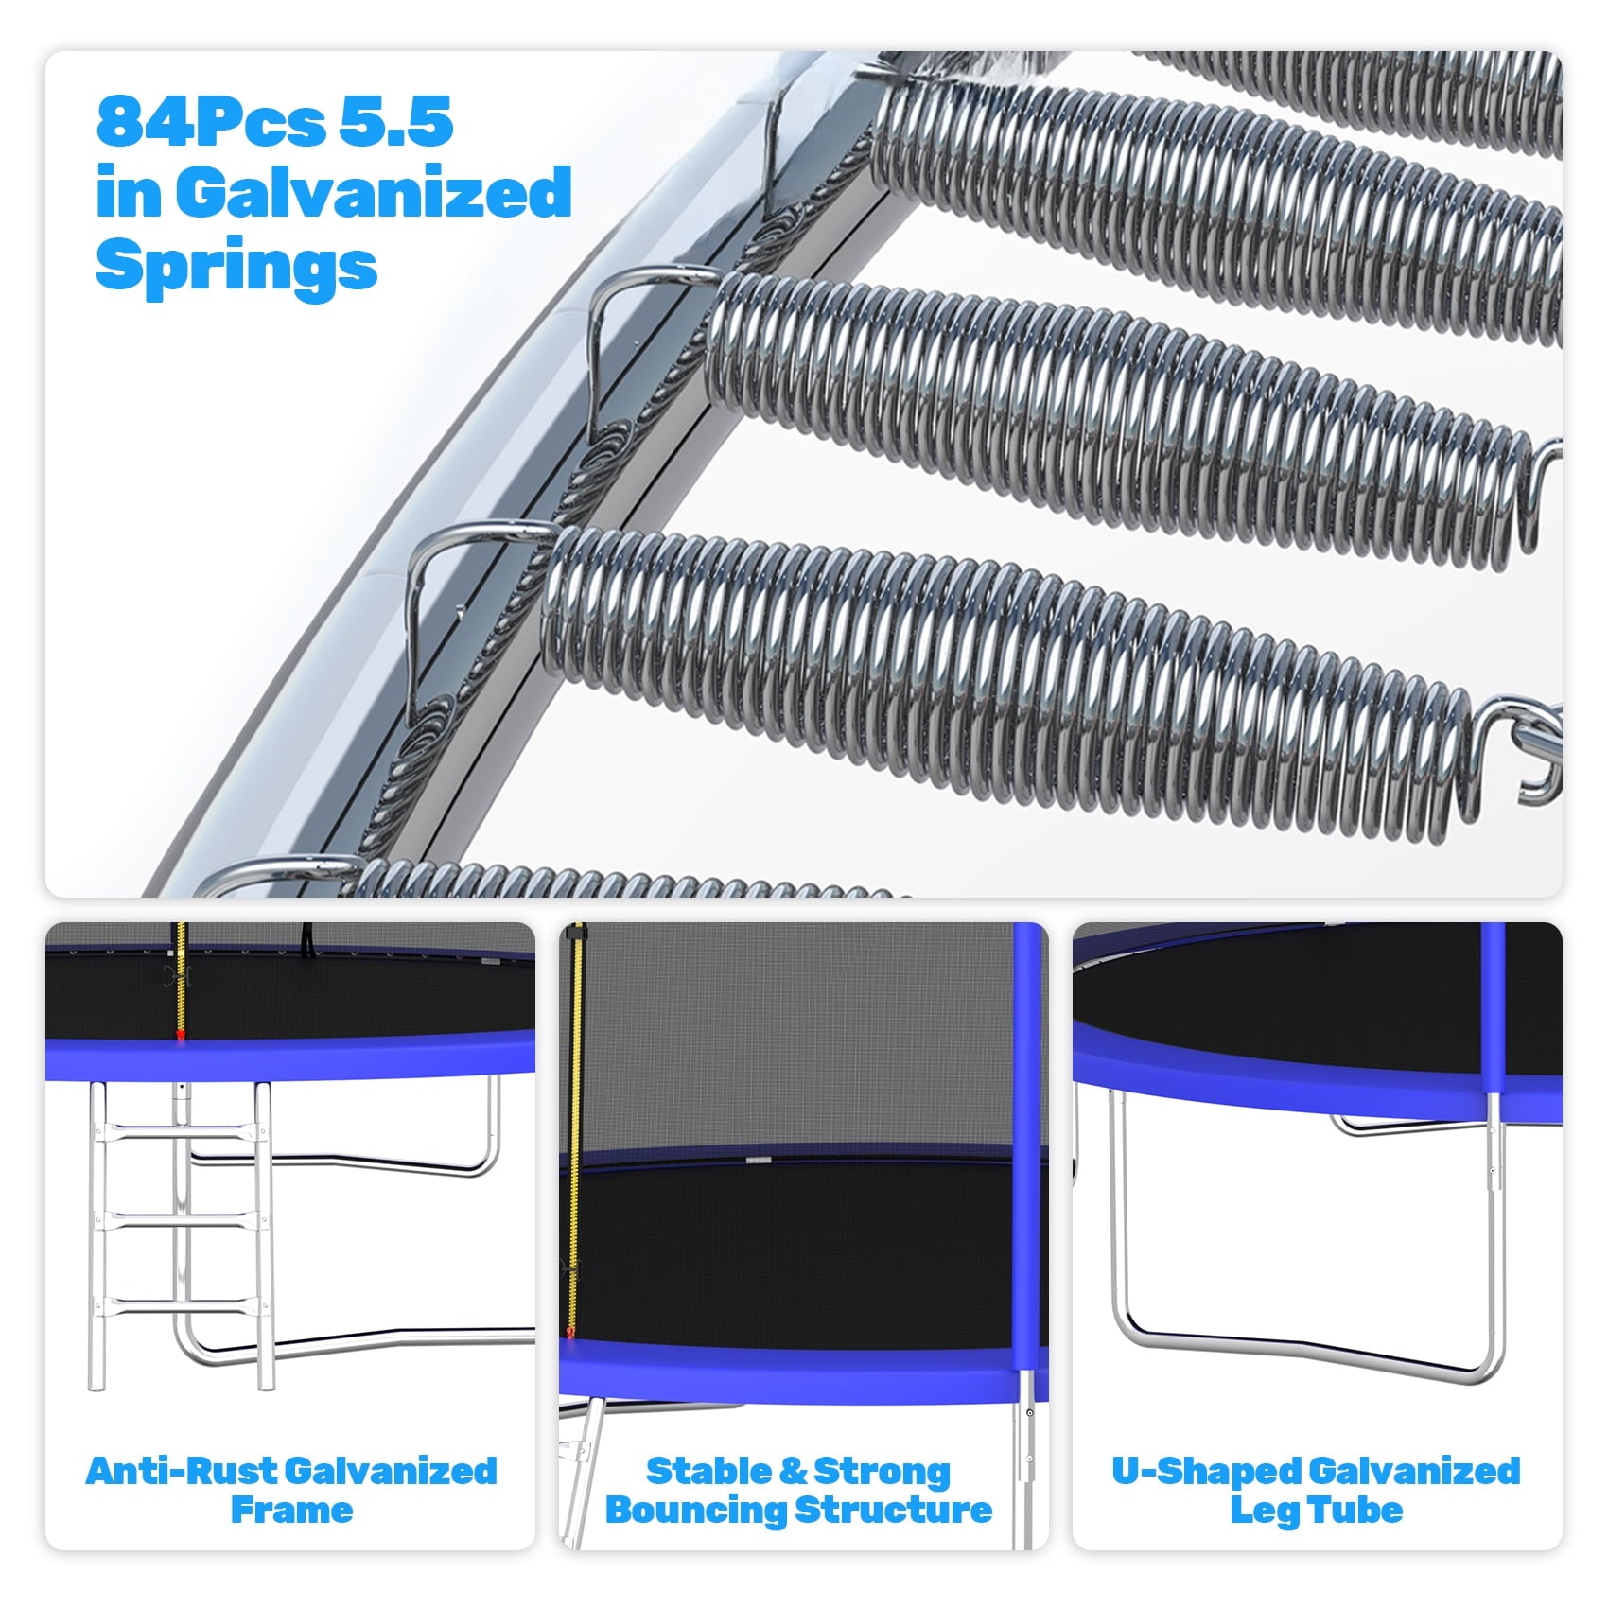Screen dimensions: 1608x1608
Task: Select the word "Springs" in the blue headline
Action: coord(236,266)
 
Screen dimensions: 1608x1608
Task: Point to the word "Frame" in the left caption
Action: coord(291,1510)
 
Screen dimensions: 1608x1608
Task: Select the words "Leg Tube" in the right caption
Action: coord(1317,1510)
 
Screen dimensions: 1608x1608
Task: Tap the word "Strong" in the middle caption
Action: coord(882,1473)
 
